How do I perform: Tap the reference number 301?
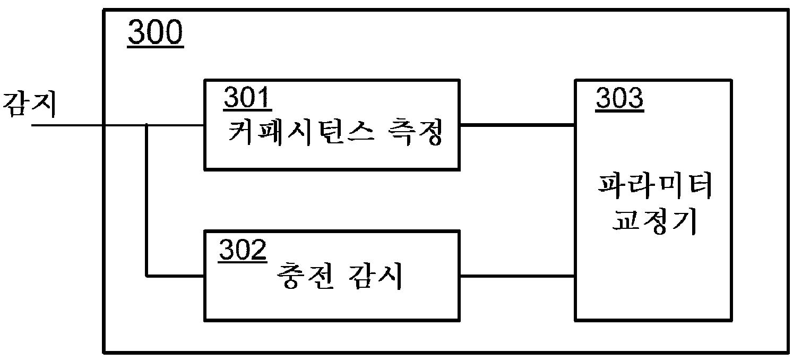click(x=248, y=98)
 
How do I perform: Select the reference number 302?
click(x=243, y=250)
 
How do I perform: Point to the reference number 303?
click(x=619, y=98)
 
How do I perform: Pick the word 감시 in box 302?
click(x=376, y=276)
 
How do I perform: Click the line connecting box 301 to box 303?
click(x=517, y=125)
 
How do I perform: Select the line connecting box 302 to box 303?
click(x=517, y=276)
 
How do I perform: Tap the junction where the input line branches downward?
click(x=146, y=125)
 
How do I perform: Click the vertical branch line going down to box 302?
click(x=146, y=200)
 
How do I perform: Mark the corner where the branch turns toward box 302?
click(x=146, y=276)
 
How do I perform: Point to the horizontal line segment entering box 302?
click(x=176, y=276)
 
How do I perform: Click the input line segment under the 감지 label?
click(x=67, y=125)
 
